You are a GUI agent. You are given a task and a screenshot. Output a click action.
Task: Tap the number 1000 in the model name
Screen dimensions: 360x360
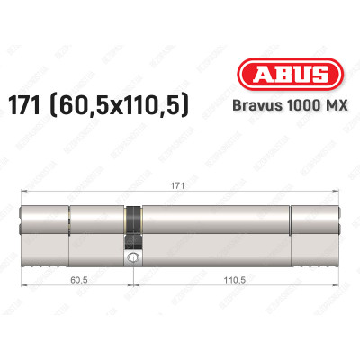pos(290,108)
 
